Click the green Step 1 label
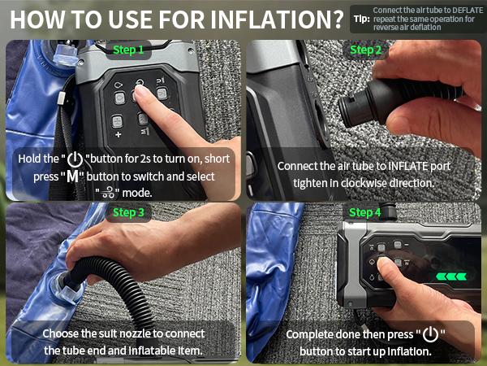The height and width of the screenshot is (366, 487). coord(128,50)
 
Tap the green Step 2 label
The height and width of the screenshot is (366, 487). coord(365,50)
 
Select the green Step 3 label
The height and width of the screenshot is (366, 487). coord(128,212)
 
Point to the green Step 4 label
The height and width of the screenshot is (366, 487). coord(365,212)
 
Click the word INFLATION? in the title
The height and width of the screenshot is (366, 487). coord(277,20)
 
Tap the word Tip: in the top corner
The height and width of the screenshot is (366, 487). coord(362,19)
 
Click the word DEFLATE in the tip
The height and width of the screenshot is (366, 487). coord(468,11)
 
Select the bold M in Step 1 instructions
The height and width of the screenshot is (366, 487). coord(73,176)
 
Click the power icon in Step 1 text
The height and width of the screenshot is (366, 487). coord(75,159)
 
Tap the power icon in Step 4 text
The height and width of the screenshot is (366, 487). coord(430,334)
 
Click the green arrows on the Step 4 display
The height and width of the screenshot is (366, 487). coord(451,277)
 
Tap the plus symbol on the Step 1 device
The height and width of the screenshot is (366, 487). coord(118,135)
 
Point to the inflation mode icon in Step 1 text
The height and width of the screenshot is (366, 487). coord(109,193)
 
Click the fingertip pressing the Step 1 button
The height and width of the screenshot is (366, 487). coord(141,91)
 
